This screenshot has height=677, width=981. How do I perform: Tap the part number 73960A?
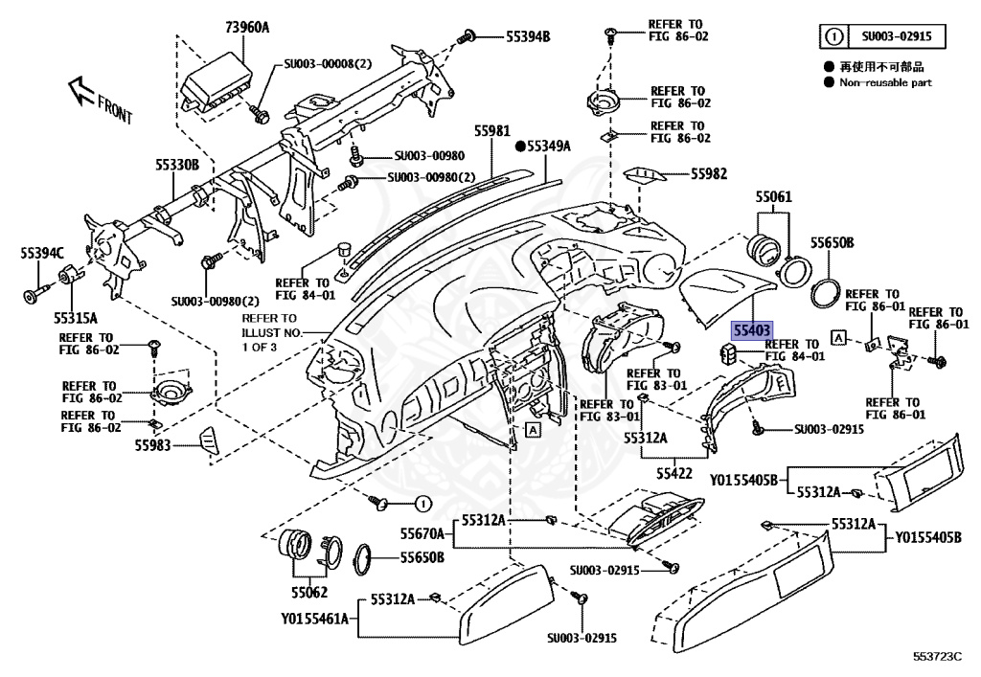[x=220, y=28]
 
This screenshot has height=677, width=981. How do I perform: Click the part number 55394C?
[x=42, y=253]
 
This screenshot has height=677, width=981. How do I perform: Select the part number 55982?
[x=709, y=174]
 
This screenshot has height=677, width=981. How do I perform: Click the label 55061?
[x=773, y=197]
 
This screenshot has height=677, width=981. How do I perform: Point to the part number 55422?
[x=674, y=472]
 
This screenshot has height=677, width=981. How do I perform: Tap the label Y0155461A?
[x=315, y=619]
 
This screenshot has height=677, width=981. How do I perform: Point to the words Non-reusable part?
[x=885, y=83]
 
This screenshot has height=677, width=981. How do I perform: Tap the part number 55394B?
[x=528, y=37]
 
